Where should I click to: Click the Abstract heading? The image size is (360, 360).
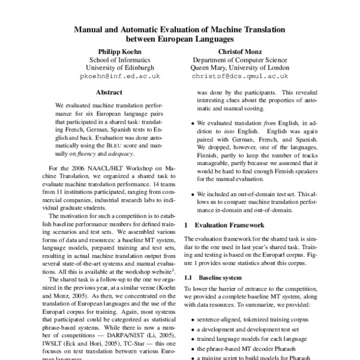pos(109,92)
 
